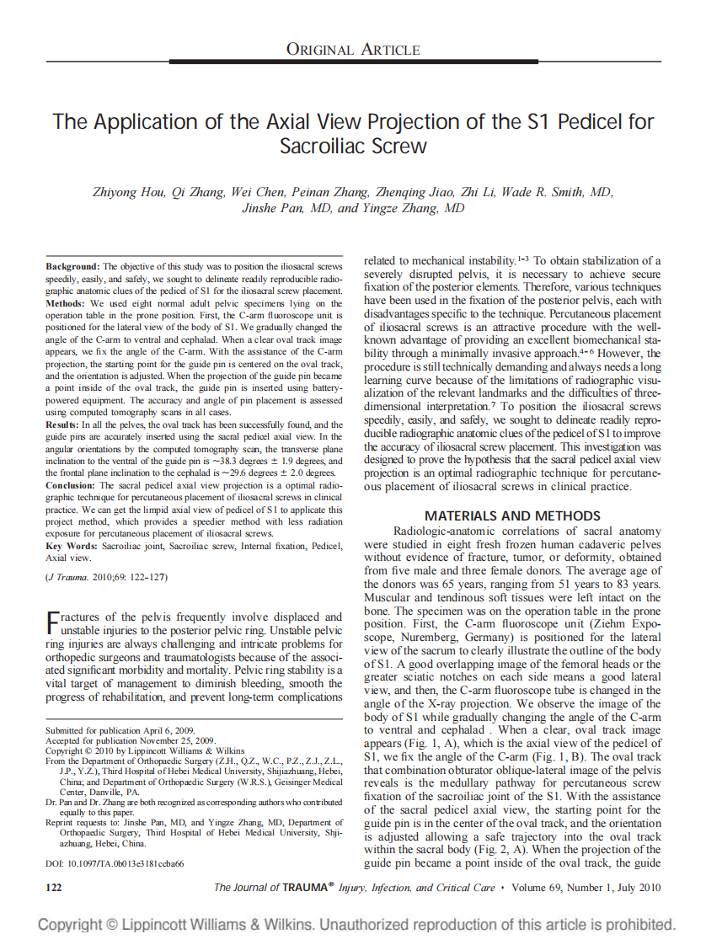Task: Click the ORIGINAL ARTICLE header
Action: (x=353, y=49)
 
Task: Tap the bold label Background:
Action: (x=72, y=266)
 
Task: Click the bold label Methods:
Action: (x=67, y=303)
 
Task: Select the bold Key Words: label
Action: (x=72, y=547)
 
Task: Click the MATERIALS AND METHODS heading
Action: (x=512, y=515)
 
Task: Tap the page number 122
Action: (x=53, y=887)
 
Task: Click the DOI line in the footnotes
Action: (x=115, y=863)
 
